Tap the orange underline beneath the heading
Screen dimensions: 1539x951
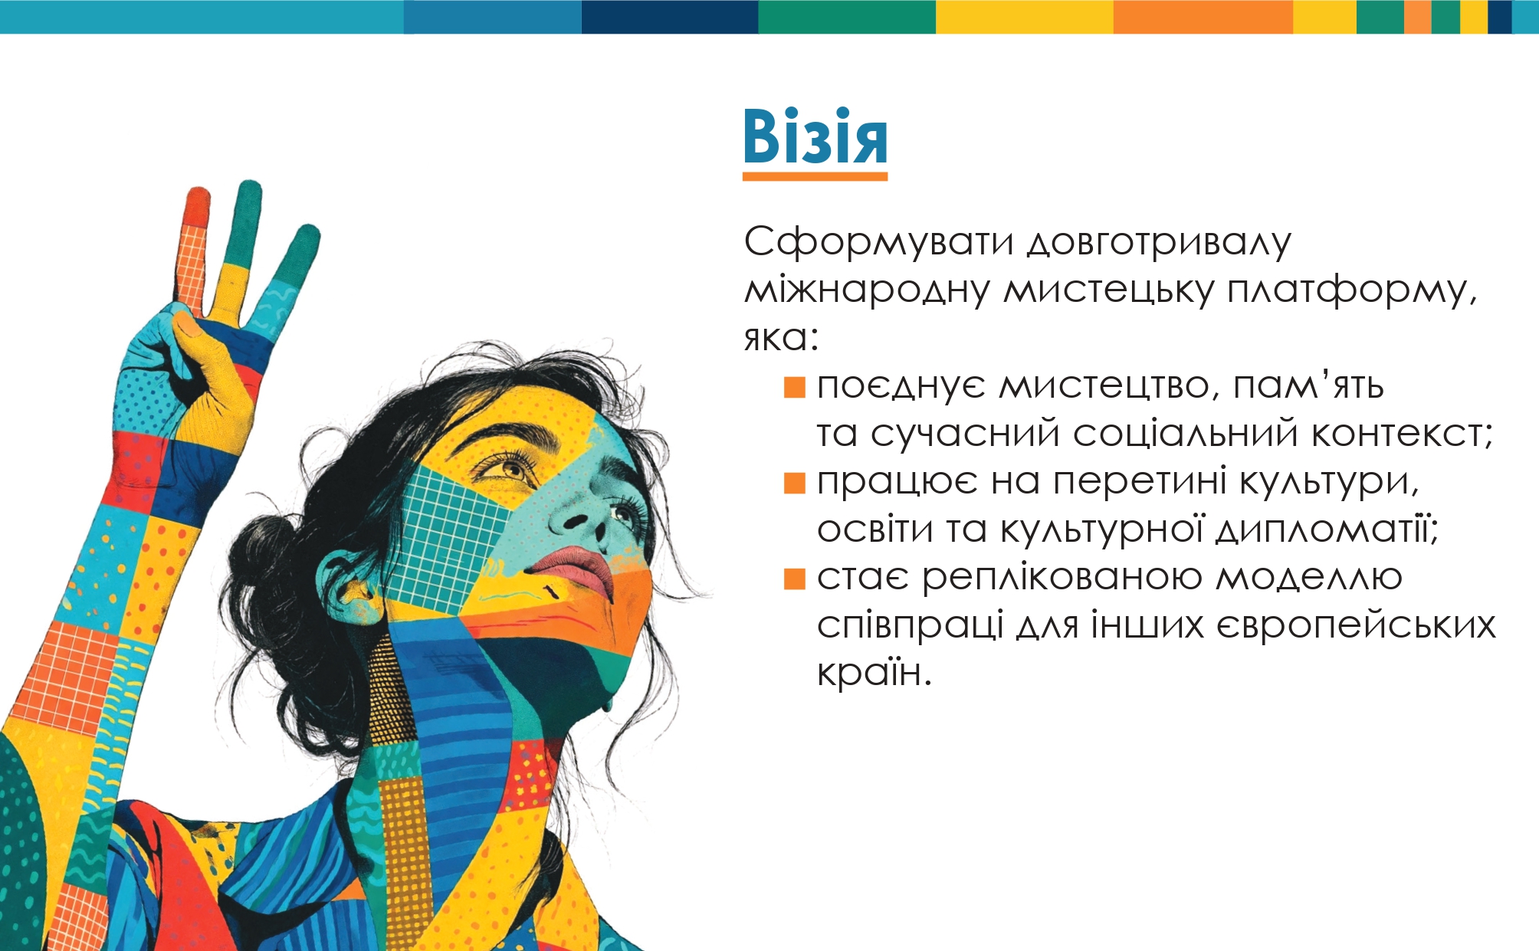click(815, 176)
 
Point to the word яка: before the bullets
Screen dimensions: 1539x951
click(782, 338)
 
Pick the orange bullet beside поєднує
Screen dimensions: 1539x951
click(795, 387)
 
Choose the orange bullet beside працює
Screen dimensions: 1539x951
click(795, 483)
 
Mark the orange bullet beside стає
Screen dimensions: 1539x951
click(795, 579)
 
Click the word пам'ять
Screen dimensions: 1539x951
click(1308, 385)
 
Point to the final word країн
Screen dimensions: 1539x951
click(875, 672)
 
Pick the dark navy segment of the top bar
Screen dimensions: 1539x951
click(670, 17)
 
